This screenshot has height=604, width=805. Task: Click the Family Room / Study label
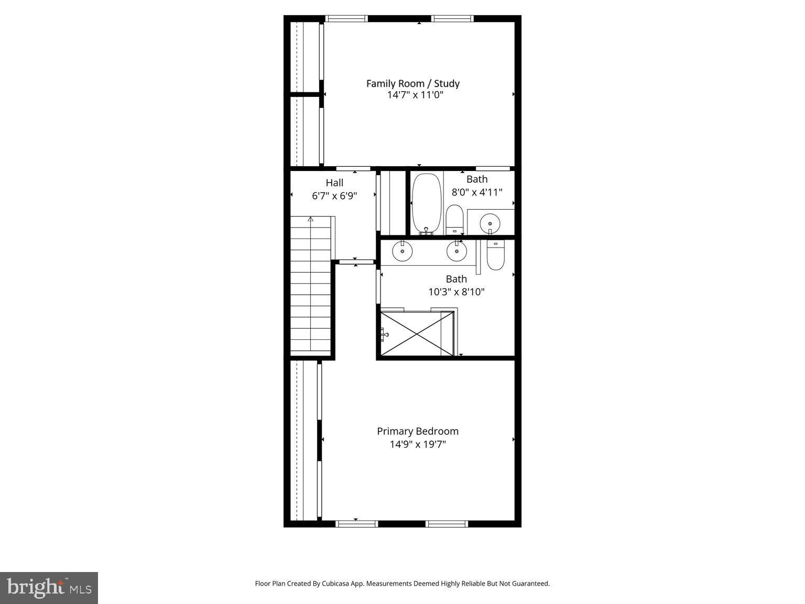point(412,83)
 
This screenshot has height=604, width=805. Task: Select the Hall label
point(334,183)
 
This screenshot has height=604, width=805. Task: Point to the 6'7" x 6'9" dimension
point(334,196)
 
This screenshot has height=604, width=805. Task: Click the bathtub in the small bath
point(426,203)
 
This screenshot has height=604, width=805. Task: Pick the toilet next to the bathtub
point(454,219)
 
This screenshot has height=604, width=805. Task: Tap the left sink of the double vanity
point(402,251)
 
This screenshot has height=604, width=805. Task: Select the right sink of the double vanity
point(456,251)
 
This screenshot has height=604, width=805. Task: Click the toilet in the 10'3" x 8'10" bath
point(495,255)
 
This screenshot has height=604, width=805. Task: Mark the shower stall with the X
point(417,333)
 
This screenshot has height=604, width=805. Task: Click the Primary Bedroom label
point(418,432)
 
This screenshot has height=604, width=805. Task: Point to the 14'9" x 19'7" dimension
point(418,445)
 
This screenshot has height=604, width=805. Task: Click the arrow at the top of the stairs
point(311,219)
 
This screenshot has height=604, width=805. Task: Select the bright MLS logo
point(49,588)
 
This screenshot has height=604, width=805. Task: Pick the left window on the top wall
point(346,19)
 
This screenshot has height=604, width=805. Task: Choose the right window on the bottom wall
point(447,523)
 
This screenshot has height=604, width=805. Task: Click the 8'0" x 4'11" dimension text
point(477,192)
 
